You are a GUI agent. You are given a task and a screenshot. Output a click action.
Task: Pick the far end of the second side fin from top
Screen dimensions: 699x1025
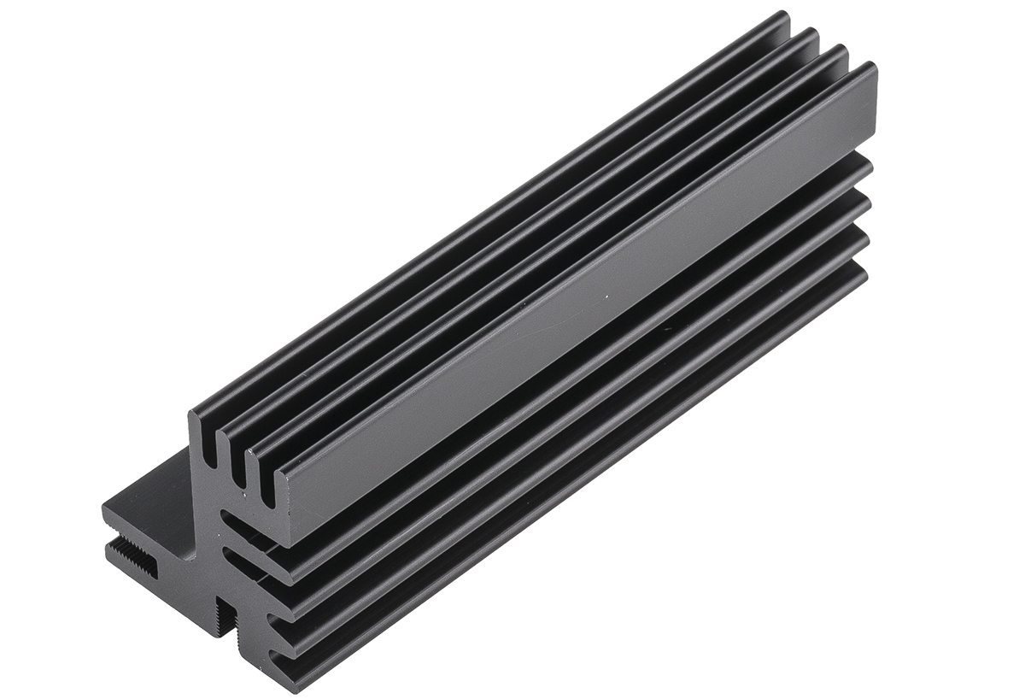pos(864,202)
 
